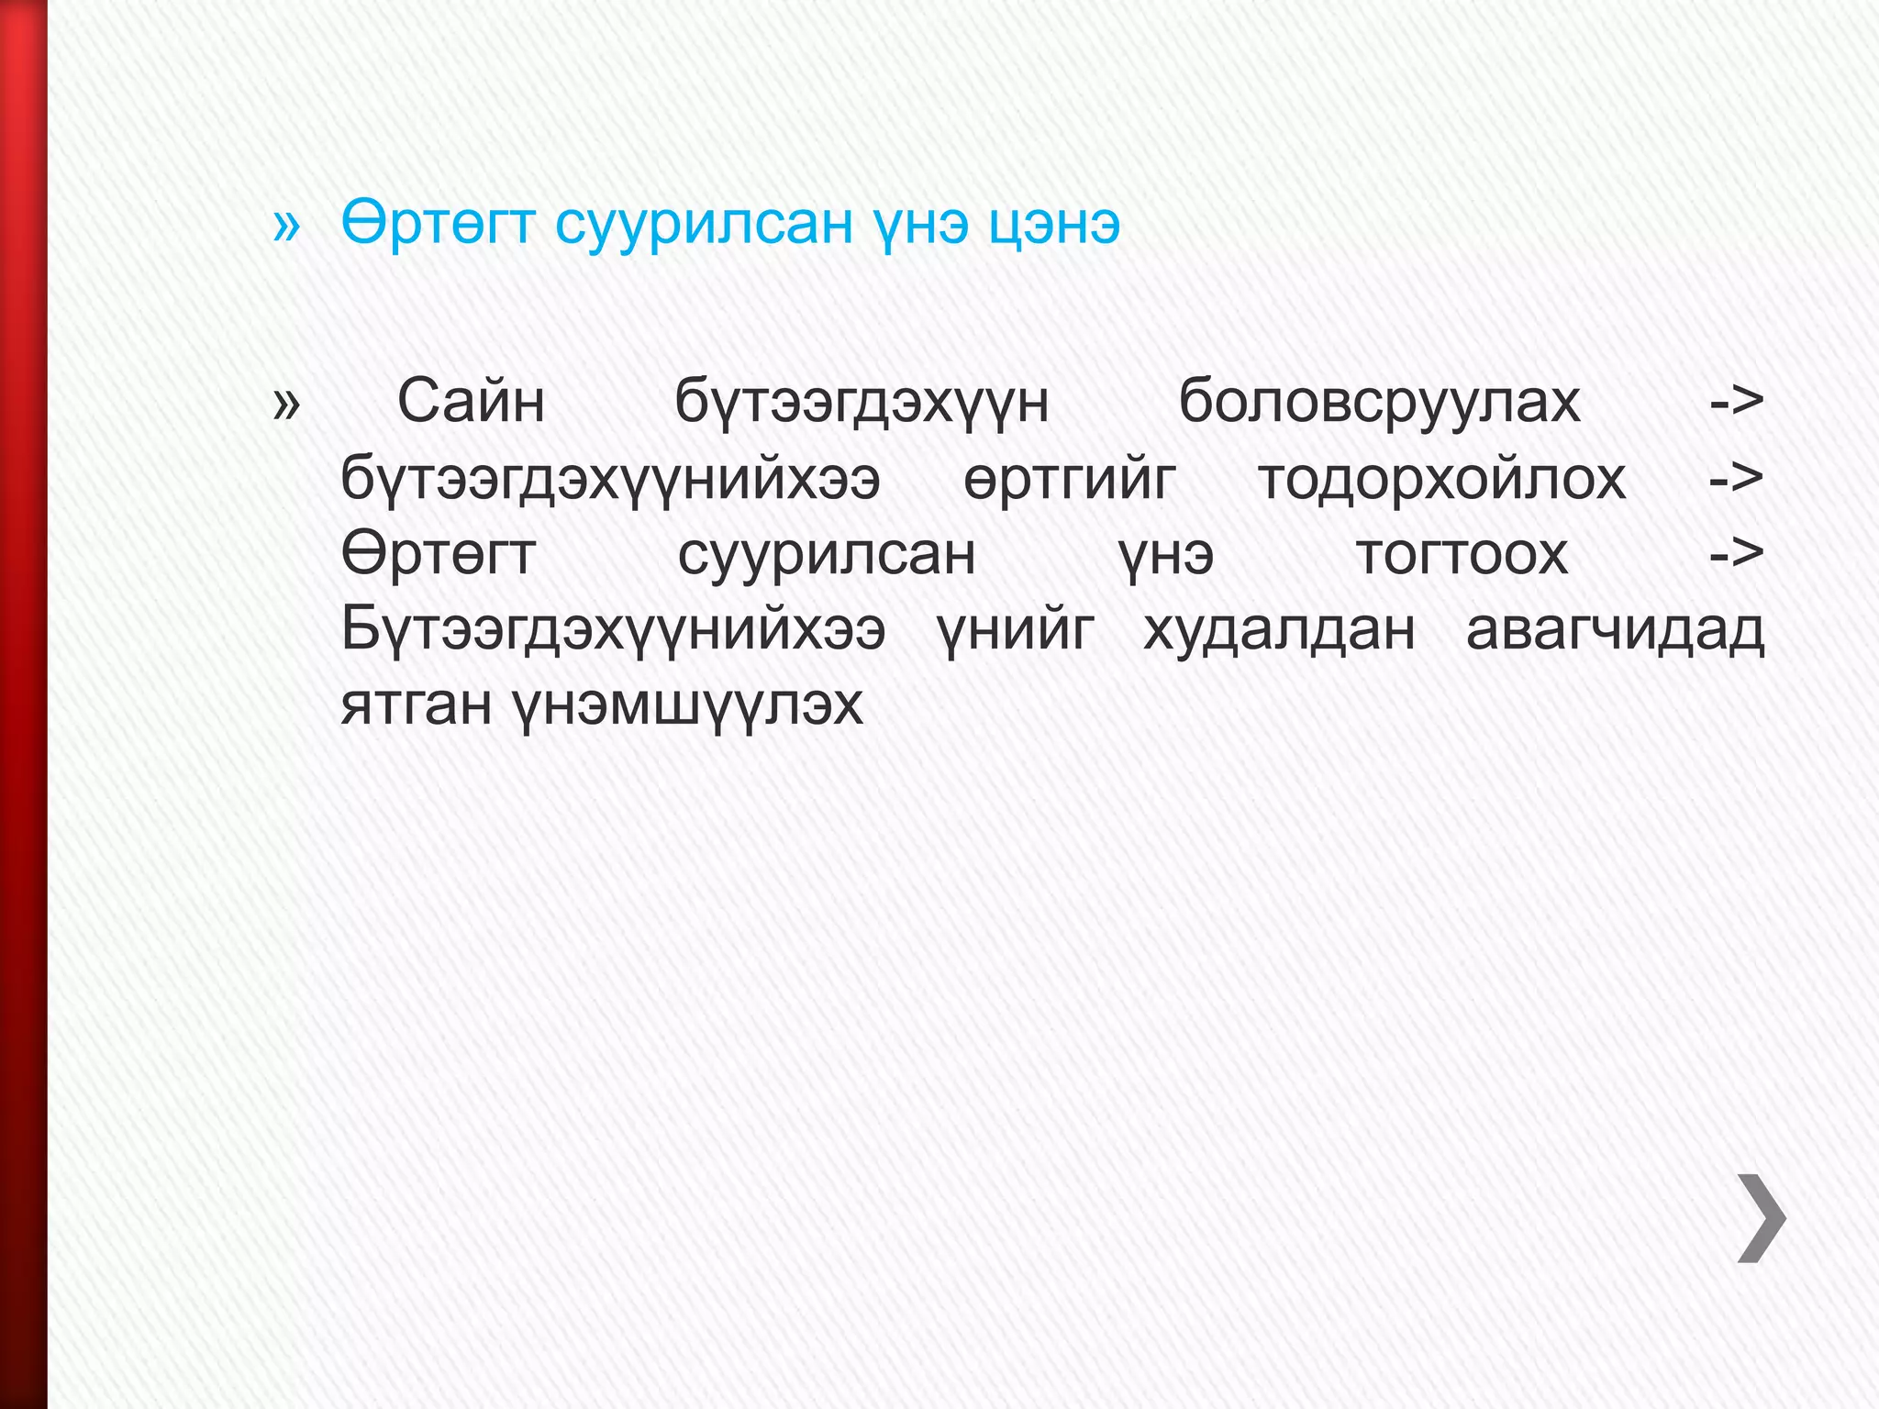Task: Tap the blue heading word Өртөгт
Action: coord(438,224)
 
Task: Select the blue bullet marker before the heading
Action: coord(286,226)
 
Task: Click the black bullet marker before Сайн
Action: coord(286,404)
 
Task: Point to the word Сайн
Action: coord(471,402)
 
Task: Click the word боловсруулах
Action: coord(1379,402)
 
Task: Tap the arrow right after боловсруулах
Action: coord(1737,402)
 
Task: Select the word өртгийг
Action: coord(1069,479)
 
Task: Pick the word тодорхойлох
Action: coord(1441,479)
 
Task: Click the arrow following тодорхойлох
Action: coord(1737,479)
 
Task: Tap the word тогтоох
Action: coord(1462,554)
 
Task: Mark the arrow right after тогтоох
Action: coord(1737,554)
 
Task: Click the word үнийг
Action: coord(1016,631)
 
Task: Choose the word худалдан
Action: coord(1279,631)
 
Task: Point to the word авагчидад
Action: coord(1615,631)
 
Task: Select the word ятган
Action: coord(417,706)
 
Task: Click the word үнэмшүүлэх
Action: coord(688,706)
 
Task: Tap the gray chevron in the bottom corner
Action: coord(1762,1217)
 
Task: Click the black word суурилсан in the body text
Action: coord(827,554)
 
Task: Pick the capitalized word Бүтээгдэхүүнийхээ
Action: coord(613,631)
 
